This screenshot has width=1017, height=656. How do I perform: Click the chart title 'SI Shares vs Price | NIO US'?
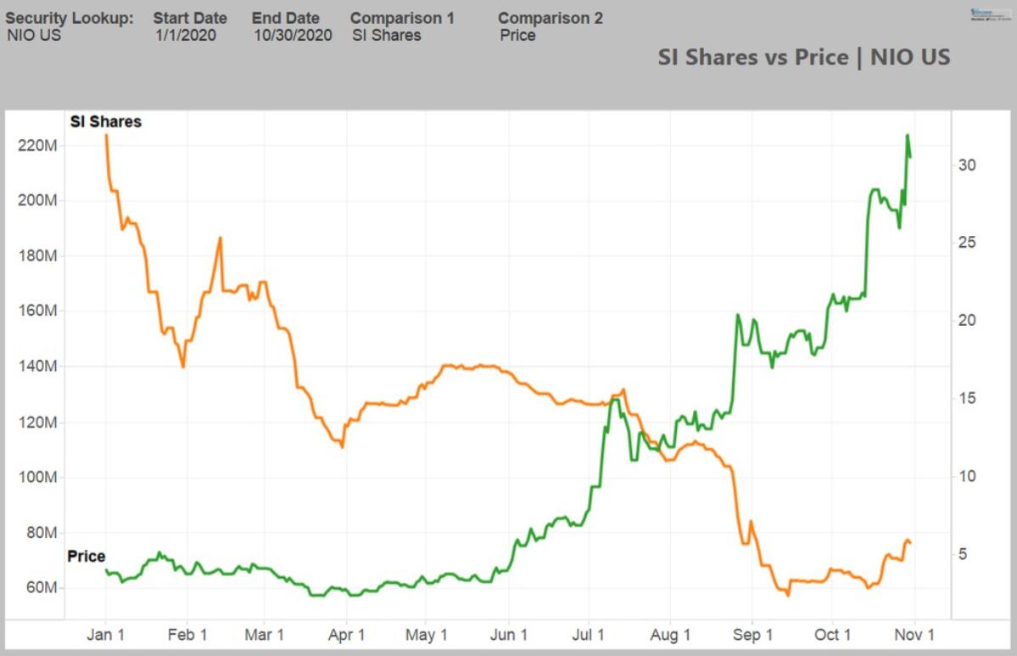click(803, 57)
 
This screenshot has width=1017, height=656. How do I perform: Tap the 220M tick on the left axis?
click(36, 145)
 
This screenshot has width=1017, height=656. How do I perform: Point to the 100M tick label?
click(36, 478)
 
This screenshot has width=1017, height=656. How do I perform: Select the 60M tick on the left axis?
click(36, 588)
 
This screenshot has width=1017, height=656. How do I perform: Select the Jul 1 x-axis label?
click(590, 635)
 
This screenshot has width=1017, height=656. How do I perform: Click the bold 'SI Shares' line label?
click(105, 121)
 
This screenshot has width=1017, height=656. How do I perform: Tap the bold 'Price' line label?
click(87, 557)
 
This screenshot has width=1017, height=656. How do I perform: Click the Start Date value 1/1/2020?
click(186, 36)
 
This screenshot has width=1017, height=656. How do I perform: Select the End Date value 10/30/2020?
click(293, 36)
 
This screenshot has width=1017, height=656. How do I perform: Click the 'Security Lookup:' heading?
click(70, 18)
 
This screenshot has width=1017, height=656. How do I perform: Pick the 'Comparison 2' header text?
click(550, 18)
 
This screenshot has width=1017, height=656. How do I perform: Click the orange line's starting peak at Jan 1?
click(106, 135)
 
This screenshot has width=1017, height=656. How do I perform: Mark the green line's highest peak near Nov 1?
click(907, 135)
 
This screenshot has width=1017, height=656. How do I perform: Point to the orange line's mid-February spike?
click(220, 238)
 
